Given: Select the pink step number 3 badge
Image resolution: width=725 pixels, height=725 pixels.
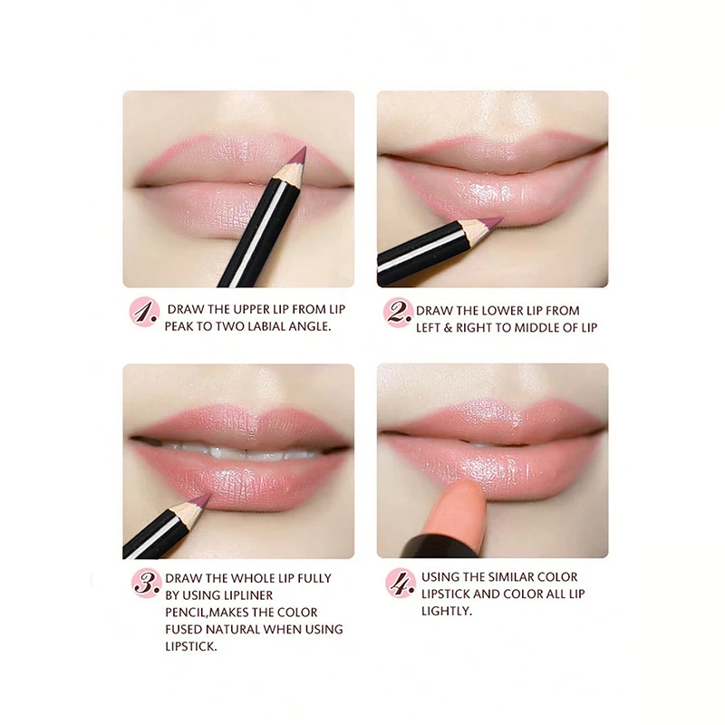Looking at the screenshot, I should (145, 582).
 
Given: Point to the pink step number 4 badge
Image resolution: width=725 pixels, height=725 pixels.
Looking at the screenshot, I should (399, 582).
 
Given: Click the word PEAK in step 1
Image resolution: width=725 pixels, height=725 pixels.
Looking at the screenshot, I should (181, 326).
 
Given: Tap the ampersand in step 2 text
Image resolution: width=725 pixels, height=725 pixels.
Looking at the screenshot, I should (451, 327).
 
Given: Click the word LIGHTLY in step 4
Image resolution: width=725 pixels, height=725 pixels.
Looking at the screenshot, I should (446, 612).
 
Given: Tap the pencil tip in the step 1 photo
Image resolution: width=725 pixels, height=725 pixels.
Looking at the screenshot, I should (302, 151).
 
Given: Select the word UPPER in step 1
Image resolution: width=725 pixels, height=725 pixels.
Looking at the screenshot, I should (257, 309).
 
